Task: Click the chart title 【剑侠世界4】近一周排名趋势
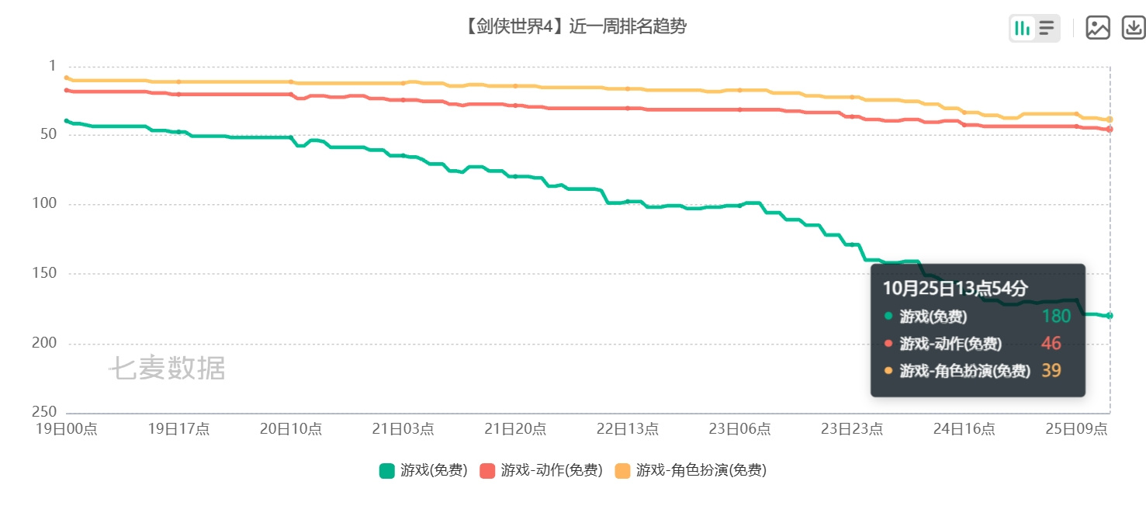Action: coord(576,26)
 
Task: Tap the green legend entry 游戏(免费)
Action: coord(424,470)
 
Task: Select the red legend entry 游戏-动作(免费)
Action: coord(542,470)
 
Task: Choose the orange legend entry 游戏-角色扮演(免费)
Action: coord(691,470)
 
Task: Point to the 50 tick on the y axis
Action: coord(49,134)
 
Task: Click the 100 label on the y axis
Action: coord(44,203)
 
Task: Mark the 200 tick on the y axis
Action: coord(44,342)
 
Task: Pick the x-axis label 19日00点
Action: coord(67,428)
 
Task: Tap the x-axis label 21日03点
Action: coord(403,428)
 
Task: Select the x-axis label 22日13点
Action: coord(628,428)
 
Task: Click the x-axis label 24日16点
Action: coord(964,428)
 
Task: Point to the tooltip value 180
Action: coord(1057,316)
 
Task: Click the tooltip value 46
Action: coord(1051,343)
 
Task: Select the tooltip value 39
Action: coord(1051,370)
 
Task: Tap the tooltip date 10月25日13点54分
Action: coord(955,289)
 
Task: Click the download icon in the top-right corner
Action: coord(1134,28)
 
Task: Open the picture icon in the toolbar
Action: coord(1098,28)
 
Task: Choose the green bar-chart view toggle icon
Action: coord(1022,28)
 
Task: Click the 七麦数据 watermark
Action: coord(168,368)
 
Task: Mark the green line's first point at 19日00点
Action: coord(67,121)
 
